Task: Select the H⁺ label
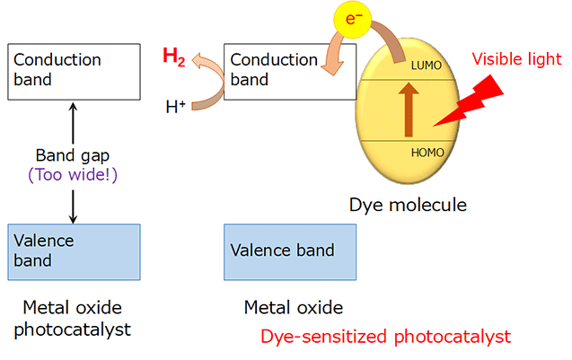tap(177, 108)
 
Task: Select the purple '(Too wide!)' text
tap(73, 174)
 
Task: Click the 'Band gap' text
tap(73, 154)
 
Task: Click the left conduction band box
tap(73, 70)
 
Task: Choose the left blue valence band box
tap(73, 250)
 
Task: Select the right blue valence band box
tap(289, 250)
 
